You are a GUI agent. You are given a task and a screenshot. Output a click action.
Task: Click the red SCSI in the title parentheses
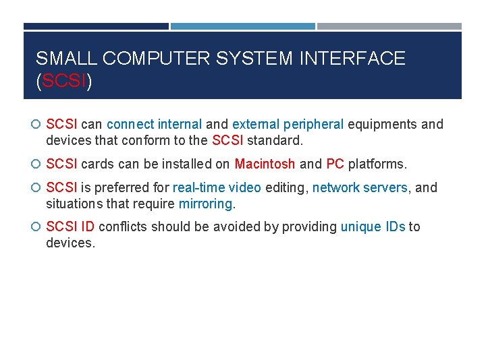click(64, 82)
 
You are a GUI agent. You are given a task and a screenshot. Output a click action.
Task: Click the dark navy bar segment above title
click(96, 26)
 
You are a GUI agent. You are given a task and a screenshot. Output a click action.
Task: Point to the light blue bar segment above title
click(242, 26)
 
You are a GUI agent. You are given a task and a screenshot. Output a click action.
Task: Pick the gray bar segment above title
click(389, 26)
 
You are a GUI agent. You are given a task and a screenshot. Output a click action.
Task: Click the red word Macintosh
click(265, 164)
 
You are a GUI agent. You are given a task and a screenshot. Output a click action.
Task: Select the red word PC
click(335, 164)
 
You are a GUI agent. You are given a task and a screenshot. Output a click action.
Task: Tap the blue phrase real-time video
click(217, 187)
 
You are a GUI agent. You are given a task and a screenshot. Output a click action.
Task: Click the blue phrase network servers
click(360, 187)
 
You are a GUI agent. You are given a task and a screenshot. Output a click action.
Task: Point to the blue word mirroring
click(205, 204)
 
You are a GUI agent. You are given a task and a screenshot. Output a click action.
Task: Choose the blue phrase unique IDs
click(373, 226)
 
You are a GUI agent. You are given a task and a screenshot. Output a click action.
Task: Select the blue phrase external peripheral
click(288, 124)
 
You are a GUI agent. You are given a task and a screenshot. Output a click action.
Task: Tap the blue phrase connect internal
click(154, 124)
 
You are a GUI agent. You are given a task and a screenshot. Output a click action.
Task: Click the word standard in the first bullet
click(275, 140)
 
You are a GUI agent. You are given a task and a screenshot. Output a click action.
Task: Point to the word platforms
click(377, 164)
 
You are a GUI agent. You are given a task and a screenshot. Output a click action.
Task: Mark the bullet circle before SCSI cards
click(36, 164)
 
